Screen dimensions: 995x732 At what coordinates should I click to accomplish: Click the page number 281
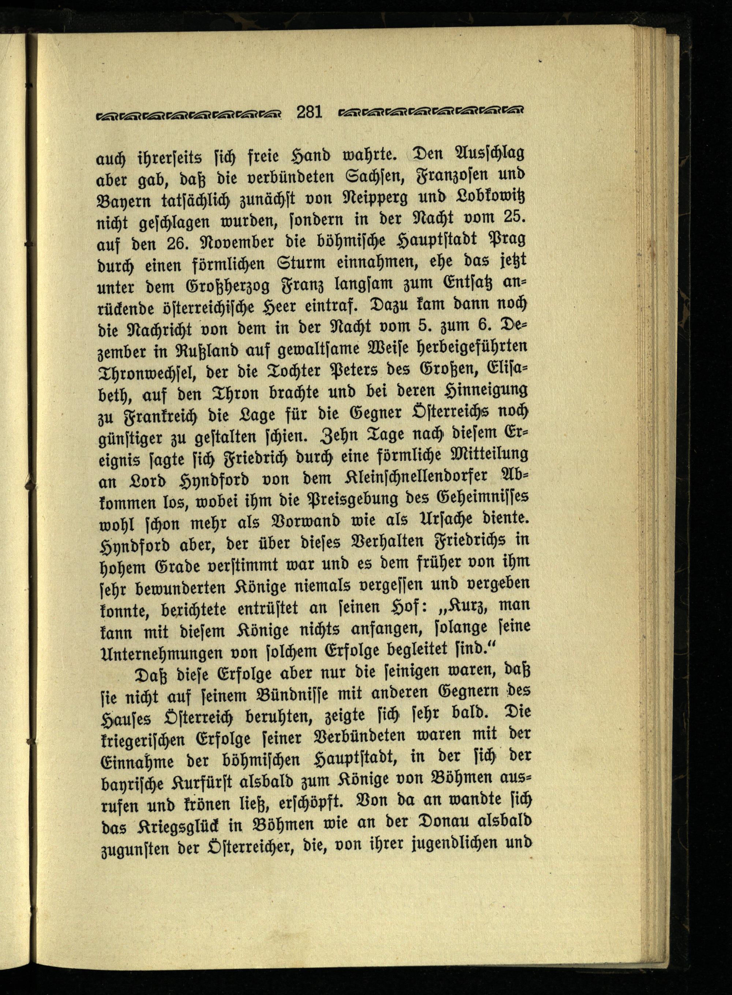[309, 112]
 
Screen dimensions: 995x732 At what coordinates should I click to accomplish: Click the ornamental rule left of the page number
[189, 115]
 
